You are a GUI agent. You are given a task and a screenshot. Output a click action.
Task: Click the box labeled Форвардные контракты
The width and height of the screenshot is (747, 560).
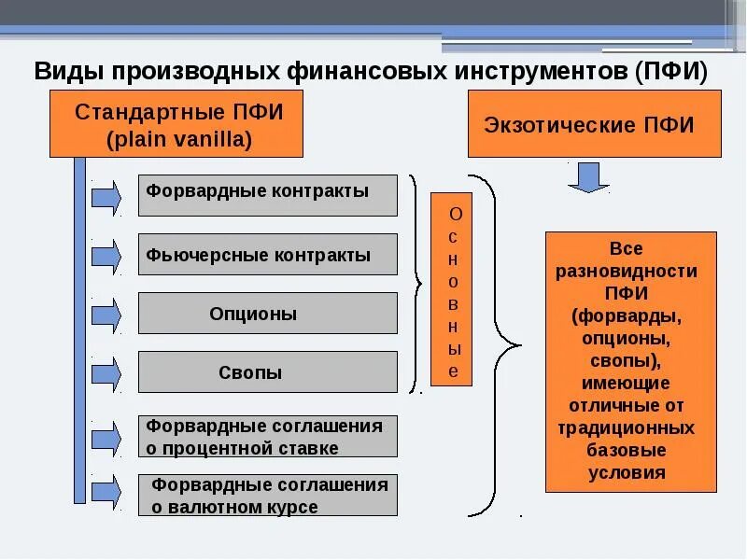pos(267,195)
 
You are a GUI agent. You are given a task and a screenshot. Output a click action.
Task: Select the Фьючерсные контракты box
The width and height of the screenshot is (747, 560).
pos(267,255)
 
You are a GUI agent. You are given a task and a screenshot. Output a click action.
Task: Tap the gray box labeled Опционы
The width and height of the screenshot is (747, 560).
pos(267,314)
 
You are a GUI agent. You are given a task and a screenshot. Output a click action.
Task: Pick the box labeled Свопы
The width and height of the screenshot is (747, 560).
pos(267,372)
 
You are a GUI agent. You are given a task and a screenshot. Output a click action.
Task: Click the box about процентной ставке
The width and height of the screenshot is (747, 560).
pos(267,436)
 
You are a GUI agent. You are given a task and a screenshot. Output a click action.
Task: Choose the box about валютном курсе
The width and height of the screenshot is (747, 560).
pos(267,496)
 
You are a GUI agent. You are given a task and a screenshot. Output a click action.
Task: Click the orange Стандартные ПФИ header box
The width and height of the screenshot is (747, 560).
pos(176,123)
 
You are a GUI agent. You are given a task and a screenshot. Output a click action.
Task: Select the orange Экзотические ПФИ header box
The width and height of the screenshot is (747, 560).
pos(594,123)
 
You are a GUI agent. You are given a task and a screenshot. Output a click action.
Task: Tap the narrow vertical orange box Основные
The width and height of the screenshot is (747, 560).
pos(451,289)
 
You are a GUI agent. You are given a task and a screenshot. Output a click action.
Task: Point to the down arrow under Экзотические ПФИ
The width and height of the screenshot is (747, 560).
pos(588,176)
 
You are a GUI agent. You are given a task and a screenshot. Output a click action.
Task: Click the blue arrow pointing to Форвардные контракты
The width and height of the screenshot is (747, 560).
pos(106,197)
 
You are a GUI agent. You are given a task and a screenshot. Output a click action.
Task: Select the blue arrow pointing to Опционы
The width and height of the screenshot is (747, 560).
pos(106,315)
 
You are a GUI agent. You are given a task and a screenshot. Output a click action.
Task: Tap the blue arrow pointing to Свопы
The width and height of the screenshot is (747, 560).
pos(106,373)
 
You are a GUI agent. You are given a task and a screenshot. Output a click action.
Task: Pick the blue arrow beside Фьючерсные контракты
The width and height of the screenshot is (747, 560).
pos(106,256)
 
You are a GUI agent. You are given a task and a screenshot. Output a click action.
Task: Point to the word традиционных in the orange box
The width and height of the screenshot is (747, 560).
pos(627,428)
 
